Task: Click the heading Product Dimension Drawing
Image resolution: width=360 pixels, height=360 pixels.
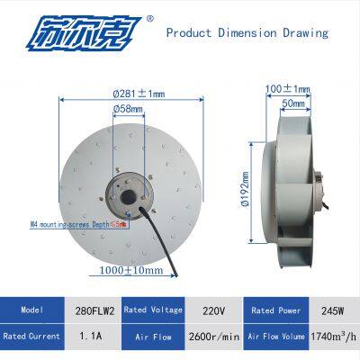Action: (x=247, y=33)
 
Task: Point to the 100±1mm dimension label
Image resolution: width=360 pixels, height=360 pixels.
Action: (x=289, y=89)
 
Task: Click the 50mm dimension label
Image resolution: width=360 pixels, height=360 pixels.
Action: (x=292, y=104)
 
